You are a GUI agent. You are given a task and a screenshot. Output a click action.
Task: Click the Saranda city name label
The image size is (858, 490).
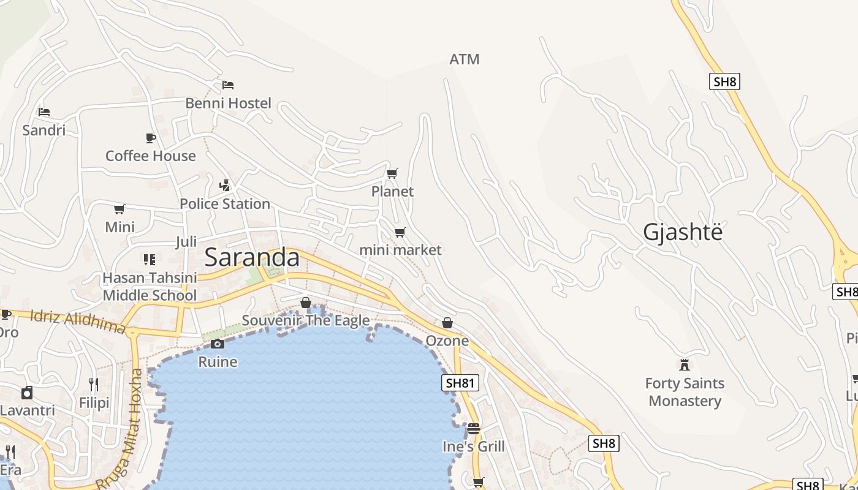252,257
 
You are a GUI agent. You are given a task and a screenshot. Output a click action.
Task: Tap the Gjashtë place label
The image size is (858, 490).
683,232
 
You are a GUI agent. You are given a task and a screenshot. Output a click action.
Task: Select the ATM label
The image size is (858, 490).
464,59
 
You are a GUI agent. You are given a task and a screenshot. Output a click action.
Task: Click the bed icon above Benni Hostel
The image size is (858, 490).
228,85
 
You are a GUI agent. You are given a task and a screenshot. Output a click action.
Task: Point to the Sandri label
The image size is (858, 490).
44,130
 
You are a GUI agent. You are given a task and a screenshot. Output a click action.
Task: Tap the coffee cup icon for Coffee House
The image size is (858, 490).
150,138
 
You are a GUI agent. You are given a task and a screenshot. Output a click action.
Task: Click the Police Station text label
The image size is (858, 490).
225,203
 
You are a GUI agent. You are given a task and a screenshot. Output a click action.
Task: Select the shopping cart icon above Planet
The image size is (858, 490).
392,173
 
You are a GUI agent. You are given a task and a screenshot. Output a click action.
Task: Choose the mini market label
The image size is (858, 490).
400,250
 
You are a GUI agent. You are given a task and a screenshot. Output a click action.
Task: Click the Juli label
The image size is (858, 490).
186,241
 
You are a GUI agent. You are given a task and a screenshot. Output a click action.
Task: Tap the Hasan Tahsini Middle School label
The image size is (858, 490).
150,287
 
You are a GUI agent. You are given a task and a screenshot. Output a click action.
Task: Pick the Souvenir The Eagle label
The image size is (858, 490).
306,320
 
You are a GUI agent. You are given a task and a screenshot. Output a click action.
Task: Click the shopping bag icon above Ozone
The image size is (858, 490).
447,323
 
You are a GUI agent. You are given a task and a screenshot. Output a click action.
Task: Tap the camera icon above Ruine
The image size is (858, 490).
218,344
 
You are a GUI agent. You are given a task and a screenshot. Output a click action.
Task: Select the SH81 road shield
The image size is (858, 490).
460,383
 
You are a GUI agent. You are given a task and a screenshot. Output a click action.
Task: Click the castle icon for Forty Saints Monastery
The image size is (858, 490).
685,365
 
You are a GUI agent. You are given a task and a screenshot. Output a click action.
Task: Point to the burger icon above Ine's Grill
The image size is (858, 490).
473,428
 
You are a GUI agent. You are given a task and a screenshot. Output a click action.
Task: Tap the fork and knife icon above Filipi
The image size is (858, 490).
94,385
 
